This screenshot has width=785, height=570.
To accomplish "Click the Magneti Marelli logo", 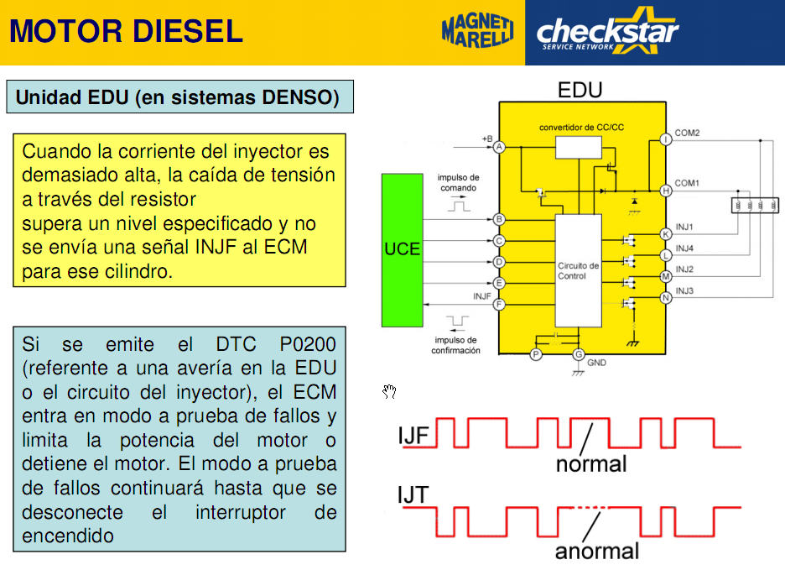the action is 477,31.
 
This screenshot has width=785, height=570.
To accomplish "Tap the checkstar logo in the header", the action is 607,30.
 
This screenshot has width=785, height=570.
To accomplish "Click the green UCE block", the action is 402,250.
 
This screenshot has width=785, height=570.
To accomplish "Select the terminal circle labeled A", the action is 499,147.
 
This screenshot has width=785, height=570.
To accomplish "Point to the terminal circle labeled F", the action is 499,304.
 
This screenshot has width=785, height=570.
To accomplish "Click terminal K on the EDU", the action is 666,234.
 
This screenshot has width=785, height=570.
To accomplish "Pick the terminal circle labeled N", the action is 666,298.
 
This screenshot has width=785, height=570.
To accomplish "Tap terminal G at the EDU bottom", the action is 579,354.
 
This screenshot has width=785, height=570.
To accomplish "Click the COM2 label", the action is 687,133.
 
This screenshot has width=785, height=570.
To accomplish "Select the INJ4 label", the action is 684,248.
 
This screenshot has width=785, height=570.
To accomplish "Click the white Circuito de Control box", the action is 578,270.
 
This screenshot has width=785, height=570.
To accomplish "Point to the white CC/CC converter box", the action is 578,148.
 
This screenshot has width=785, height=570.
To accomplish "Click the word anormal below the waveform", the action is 597,551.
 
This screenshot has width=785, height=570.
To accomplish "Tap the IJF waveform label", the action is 413,436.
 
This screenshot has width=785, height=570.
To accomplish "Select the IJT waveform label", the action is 413,494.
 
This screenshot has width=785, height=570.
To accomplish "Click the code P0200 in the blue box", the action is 308,344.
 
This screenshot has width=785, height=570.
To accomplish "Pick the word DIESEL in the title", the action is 188,31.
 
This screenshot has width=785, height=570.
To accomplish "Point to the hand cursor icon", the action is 389,391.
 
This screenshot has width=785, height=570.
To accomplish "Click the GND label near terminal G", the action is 596,363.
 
